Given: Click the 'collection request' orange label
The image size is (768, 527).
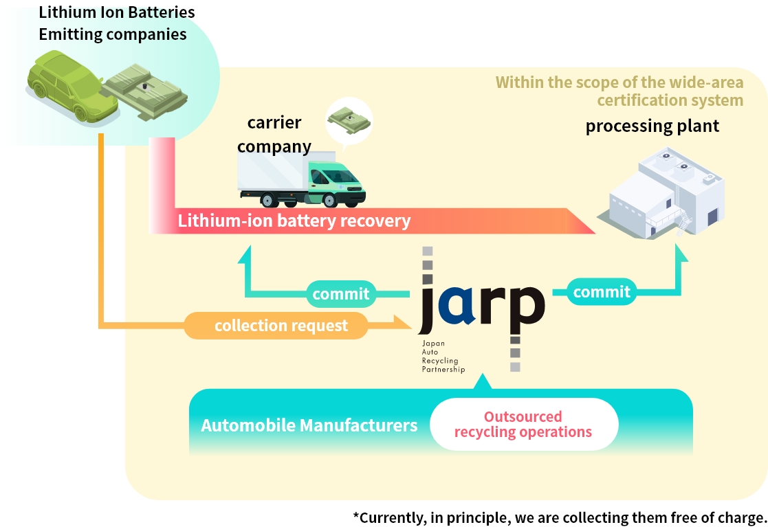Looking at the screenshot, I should click(x=281, y=325).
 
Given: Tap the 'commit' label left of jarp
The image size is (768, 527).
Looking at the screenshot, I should click(x=341, y=294).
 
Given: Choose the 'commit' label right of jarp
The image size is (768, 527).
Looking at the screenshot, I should click(x=602, y=292).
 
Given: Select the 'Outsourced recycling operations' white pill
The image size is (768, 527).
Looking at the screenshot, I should click(x=523, y=425).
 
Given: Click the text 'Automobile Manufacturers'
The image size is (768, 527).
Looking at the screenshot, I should click(x=309, y=425).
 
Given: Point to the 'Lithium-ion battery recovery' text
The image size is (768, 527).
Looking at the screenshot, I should click(x=294, y=221).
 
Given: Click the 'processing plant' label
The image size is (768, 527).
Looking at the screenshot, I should click(x=652, y=126).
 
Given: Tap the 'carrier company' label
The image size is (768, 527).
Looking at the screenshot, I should click(x=274, y=135).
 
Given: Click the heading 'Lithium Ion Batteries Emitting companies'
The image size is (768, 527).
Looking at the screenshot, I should click(x=113, y=23).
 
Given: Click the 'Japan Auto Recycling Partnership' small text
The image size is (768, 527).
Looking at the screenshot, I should click(x=443, y=356).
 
